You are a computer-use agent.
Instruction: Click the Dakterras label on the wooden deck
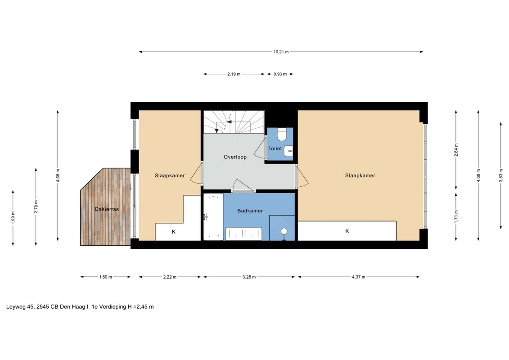coord(107,209)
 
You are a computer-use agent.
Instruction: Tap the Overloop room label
coord(235,157)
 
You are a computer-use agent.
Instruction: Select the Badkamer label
coord(250,211)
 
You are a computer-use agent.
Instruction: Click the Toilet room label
coord(275,148)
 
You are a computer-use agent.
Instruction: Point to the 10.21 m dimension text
coord(281,52)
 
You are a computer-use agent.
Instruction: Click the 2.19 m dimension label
coord(234,74)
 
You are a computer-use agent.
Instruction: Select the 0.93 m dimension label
coord(280,74)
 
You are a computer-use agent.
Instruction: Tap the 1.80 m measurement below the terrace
coord(105,277)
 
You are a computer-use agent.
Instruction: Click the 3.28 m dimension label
coord(249,277)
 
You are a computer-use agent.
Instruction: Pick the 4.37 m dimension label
coord(358,277)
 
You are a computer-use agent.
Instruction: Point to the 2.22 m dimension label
coord(170,277)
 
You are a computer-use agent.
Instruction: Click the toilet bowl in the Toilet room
coord(281,134)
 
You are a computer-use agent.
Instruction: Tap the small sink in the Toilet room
coord(288,151)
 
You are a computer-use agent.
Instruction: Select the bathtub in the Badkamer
coord(213,217)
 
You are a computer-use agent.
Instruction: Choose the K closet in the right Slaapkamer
coord(347,231)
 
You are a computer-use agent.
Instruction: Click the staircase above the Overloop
coord(234,122)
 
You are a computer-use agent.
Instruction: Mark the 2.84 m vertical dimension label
coord(456,150)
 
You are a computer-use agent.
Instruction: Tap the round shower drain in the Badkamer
coord(284,231)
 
